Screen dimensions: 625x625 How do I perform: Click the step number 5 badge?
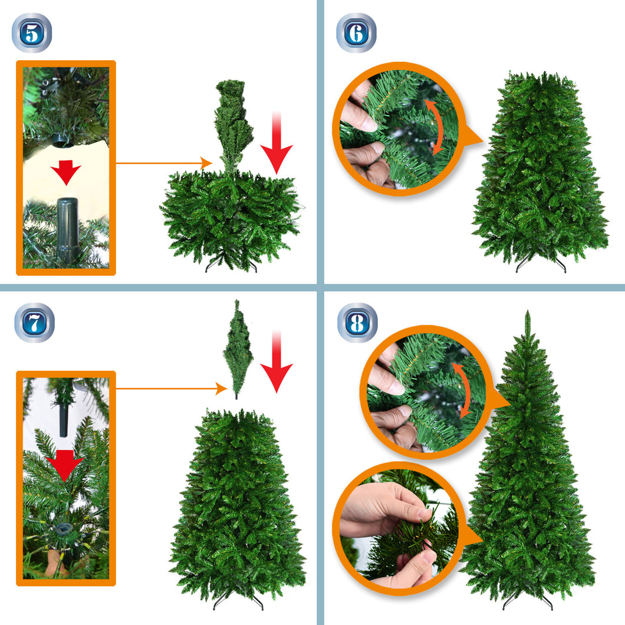[x=32, y=33]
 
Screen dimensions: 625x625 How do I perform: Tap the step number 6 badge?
[x=356, y=33]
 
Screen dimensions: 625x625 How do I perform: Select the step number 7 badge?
[x=34, y=323]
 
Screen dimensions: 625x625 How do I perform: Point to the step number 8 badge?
[x=357, y=323]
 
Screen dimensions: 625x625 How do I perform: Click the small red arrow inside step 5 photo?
[x=66, y=172]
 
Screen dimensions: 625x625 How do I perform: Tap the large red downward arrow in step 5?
[x=276, y=143]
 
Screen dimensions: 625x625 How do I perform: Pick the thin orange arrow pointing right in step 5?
[x=164, y=163]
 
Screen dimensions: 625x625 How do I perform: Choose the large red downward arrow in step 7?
[x=276, y=361]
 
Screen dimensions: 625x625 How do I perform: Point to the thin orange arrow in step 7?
[x=172, y=388]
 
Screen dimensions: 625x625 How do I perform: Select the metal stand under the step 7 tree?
[x=238, y=601]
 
